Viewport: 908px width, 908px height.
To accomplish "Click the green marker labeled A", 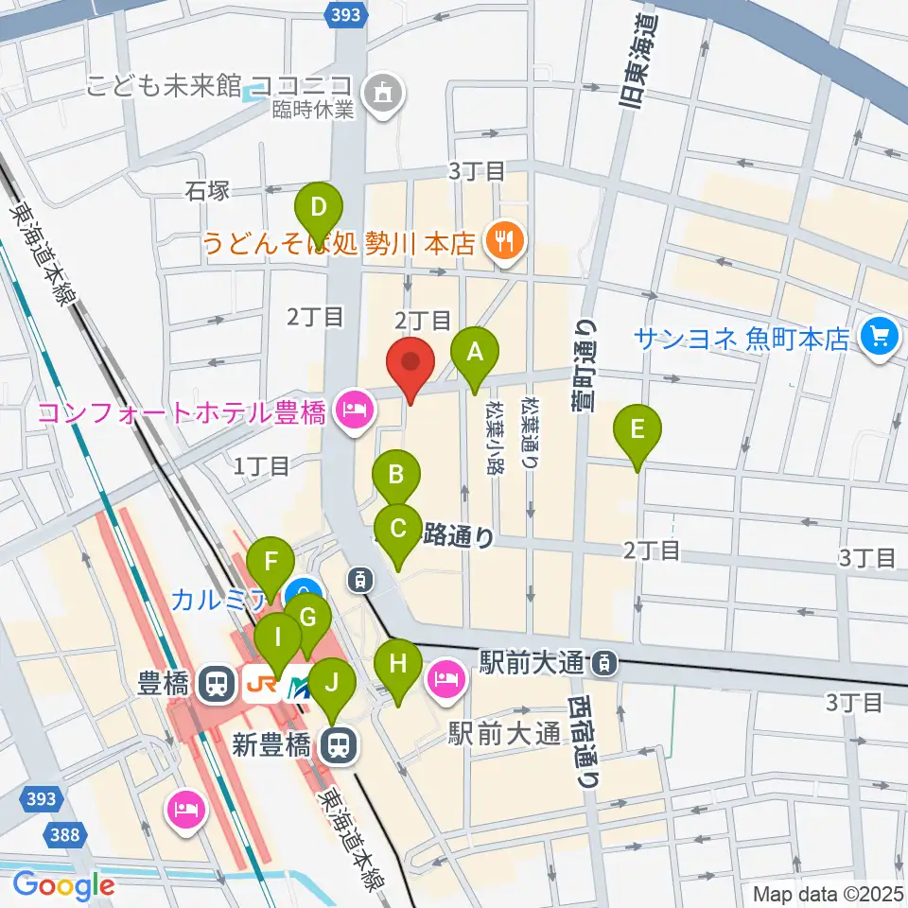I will coord(476,352).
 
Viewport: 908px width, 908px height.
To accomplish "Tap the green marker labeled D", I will coord(319,205).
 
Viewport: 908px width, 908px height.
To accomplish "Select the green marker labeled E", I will coord(637,429).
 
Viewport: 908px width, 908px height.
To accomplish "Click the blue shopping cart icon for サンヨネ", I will coord(880,338).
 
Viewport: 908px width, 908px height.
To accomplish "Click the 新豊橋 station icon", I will coord(336,746).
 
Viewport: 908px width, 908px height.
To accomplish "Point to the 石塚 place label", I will coord(207,192).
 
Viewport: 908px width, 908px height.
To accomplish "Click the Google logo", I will coord(64,885).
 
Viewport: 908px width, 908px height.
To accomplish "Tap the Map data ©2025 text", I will coord(828,893).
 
